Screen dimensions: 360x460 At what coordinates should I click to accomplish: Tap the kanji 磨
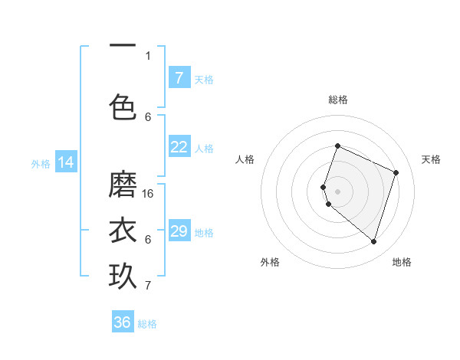coord(123,185)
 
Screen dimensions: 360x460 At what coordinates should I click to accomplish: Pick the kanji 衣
coord(123,231)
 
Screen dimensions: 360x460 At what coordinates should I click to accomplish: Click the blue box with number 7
coord(179,78)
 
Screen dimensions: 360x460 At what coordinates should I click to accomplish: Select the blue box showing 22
coord(179,147)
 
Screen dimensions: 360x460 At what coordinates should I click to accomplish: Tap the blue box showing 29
coord(179,231)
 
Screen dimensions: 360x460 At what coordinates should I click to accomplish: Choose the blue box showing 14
coord(67,162)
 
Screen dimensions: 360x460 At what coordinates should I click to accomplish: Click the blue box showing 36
coord(123,322)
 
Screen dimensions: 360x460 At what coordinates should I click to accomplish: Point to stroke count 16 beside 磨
coord(149,194)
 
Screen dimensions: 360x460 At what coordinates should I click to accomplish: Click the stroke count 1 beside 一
coord(148,55)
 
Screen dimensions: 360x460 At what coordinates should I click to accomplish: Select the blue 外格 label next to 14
coord(41,163)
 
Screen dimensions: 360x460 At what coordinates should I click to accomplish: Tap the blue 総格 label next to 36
coord(147,324)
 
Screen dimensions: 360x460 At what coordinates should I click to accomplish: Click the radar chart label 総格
coord(338,100)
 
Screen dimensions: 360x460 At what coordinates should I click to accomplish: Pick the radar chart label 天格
coord(431,159)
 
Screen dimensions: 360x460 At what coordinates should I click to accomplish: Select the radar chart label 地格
coord(402,262)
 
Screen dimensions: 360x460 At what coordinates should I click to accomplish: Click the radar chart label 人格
coord(245,159)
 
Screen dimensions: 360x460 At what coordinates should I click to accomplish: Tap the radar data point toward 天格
coord(396,172)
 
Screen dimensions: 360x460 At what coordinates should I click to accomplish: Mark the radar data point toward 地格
coord(373,241)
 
